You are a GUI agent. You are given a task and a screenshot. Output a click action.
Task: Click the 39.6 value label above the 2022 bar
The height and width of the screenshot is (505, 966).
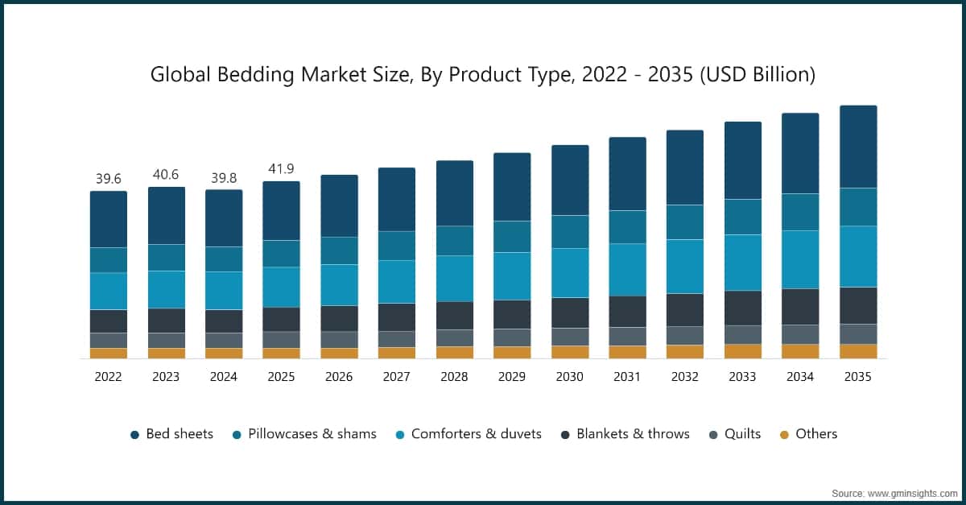(108, 179)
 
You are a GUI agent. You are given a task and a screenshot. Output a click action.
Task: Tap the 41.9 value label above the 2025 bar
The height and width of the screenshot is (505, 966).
(281, 169)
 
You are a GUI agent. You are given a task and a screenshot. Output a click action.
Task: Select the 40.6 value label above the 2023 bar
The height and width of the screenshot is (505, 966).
(166, 175)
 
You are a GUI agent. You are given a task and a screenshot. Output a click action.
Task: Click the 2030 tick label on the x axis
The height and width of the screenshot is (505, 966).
(569, 377)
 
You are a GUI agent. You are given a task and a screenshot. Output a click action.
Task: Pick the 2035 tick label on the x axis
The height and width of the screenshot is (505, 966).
(857, 377)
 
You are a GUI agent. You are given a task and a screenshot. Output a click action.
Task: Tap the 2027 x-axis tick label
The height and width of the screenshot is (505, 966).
(396, 377)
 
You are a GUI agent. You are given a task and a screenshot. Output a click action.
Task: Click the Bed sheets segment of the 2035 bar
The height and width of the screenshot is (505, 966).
(858, 147)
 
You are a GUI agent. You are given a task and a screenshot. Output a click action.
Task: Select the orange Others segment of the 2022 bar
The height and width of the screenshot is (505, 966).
(108, 354)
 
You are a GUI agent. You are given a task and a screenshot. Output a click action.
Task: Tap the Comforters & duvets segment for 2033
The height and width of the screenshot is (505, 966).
(742, 263)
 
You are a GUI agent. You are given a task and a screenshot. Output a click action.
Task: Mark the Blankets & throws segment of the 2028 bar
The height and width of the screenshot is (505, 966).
(454, 316)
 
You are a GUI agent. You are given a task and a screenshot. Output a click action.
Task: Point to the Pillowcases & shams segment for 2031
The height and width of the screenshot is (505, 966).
(627, 227)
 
